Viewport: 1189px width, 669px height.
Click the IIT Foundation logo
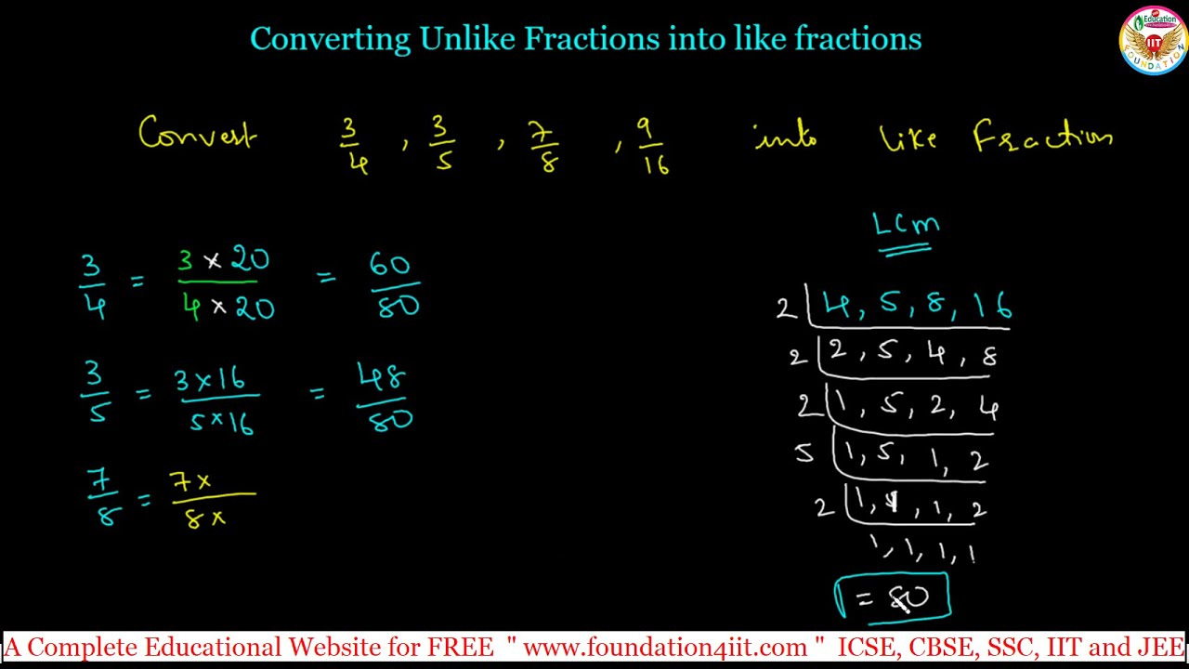tap(1153, 41)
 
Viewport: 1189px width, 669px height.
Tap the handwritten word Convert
tap(197, 136)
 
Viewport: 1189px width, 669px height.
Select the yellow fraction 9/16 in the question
tap(653, 145)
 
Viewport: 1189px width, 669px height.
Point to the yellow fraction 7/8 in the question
tap(543, 146)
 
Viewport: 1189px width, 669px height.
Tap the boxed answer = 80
tap(893, 597)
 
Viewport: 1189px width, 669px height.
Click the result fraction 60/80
tap(394, 285)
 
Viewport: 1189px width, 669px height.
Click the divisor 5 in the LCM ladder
tap(804, 453)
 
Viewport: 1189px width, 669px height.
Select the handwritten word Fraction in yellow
tap(1042, 138)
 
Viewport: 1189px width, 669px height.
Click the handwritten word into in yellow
tap(785, 138)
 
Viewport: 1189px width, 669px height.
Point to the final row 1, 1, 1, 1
tap(921, 550)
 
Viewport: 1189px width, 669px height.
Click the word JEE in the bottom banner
tap(1162, 647)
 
